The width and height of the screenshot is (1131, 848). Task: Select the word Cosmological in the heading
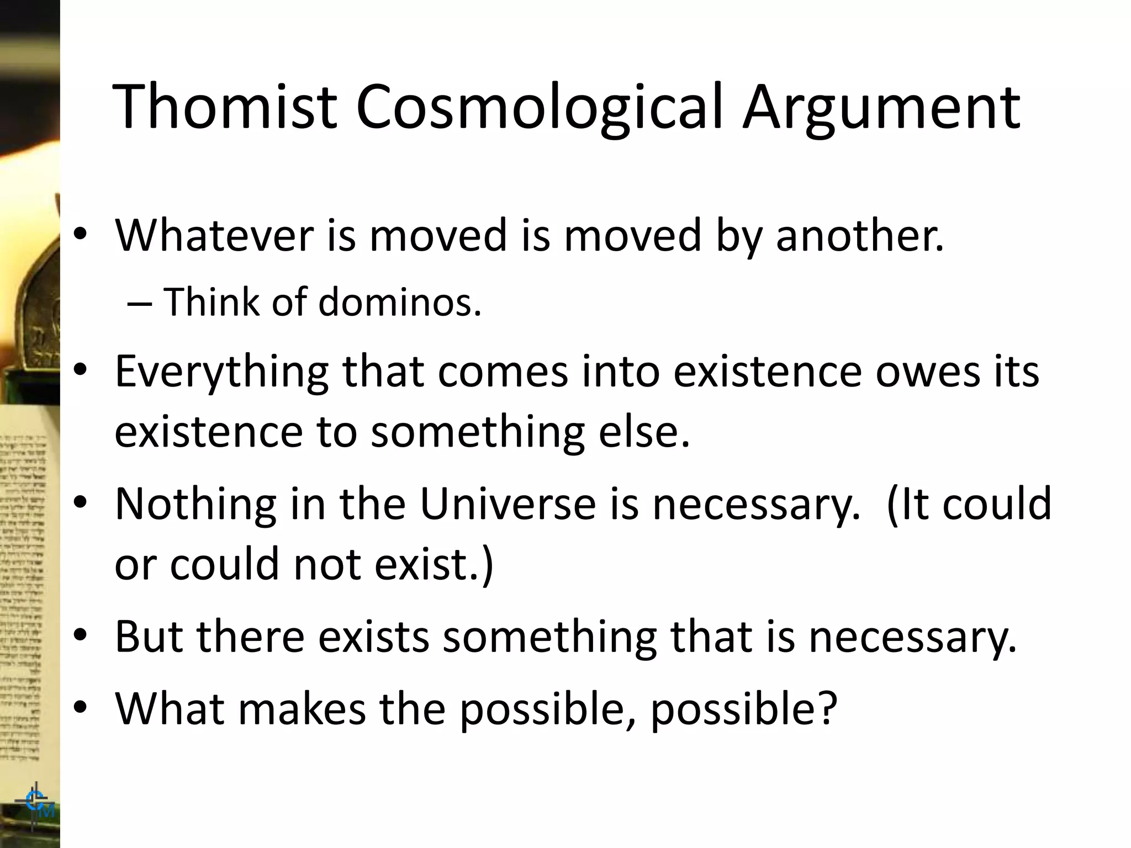[539, 108]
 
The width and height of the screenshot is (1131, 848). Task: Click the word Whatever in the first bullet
[214, 235]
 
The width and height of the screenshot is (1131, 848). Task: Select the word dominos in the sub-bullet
[399, 303]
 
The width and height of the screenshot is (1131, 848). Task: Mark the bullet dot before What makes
[81, 708]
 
